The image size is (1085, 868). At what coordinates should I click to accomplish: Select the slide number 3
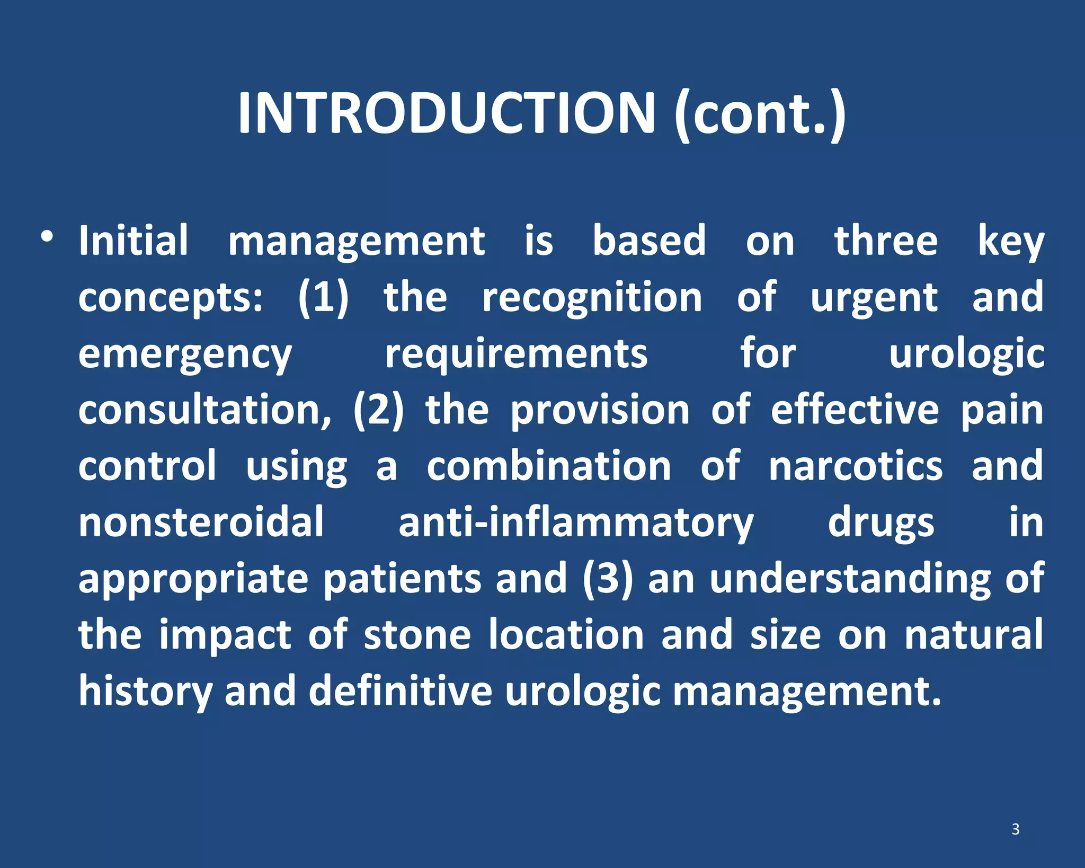coord(1016,829)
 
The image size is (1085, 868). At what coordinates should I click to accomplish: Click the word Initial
coord(134,241)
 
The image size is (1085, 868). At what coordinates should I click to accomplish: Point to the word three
coord(886,241)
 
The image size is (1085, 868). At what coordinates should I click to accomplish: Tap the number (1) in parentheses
coord(323,298)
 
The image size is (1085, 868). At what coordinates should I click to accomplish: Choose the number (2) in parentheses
coord(378,411)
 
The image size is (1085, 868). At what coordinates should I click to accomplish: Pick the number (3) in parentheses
coord(608,579)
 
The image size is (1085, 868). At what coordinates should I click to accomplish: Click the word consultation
coord(204,411)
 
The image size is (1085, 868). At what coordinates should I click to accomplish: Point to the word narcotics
coord(856,466)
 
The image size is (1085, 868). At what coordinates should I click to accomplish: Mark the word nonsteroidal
coord(201,522)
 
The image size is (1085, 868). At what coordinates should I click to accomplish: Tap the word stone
coord(417,635)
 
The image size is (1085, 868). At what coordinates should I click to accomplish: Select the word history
coord(145,692)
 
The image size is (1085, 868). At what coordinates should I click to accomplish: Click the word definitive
coord(400,691)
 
